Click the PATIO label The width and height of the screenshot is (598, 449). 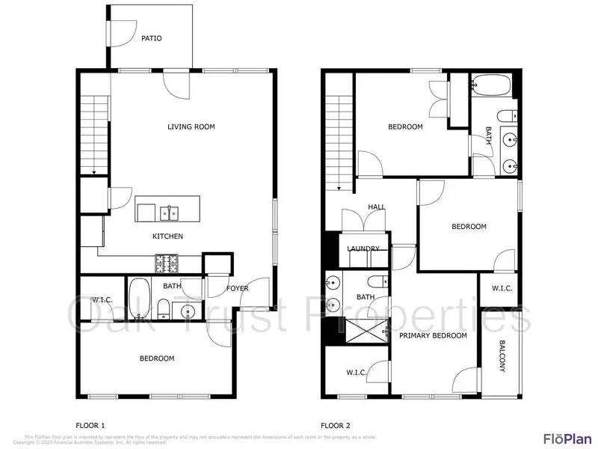[x=152, y=38]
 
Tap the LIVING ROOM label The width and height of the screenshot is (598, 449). [x=191, y=126]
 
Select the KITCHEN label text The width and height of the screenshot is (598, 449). [x=168, y=236]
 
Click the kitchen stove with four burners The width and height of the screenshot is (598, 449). [x=167, y=263]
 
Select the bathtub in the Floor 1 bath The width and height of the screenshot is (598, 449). [x=140, y=298]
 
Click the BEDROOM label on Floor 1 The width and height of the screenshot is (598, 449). [x=157, y=358]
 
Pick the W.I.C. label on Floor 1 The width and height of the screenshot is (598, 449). [x=102, y=300]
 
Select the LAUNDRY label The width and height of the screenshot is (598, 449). [x=363, y=248]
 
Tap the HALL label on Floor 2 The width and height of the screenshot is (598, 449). [x=376, y=207]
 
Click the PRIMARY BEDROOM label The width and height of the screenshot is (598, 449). [x=433, y=335]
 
